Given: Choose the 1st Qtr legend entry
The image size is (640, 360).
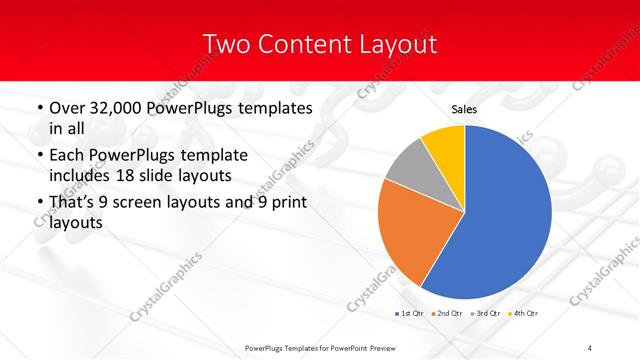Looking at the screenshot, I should (410, 314).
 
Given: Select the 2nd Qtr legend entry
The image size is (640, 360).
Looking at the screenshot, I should (446, 314).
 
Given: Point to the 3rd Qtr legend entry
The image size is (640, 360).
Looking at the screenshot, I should (486, 314).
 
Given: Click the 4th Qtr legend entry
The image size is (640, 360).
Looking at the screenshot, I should (523, 314).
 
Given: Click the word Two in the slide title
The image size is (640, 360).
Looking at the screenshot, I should (225, 44).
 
